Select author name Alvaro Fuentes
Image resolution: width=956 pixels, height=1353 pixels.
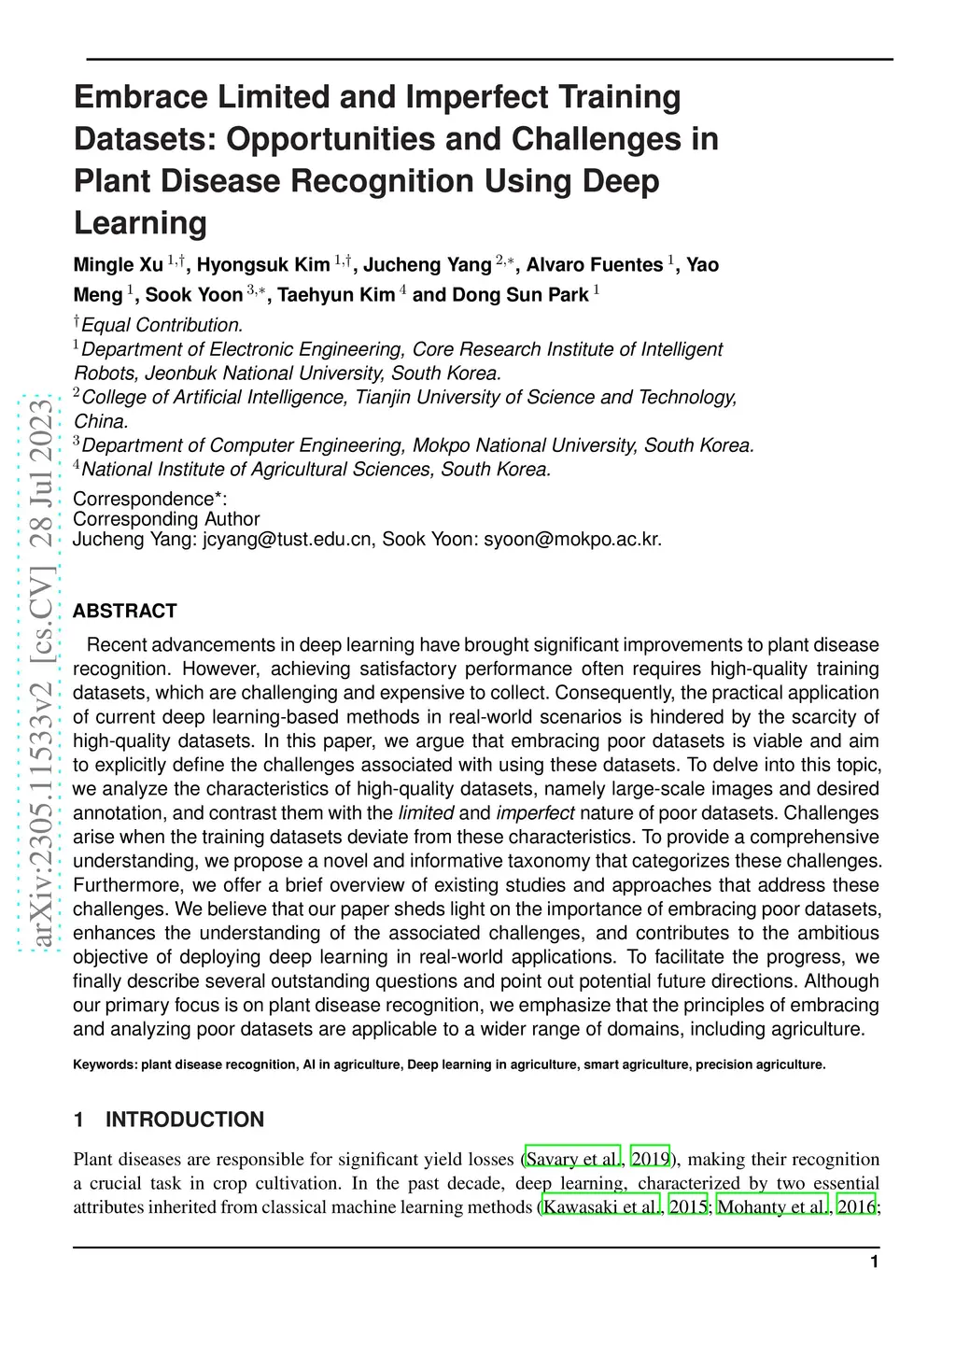coord(595,265)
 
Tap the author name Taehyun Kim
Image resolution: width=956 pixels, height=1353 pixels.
coord(336,295)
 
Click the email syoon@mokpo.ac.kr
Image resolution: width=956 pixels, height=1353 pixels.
coord(572,539)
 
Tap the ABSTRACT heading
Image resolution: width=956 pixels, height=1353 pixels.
coord(125,612)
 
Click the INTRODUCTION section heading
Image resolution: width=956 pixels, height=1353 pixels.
coord(185,1120)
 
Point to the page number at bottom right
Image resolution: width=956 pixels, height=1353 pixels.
coord(874,1262)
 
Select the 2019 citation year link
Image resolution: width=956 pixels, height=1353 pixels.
coord(651,1160)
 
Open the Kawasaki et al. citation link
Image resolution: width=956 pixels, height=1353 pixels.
coord(601,1207)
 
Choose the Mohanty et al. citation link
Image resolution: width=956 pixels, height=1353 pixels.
coord(772,1207)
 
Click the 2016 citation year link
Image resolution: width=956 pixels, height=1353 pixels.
coord(856,1207)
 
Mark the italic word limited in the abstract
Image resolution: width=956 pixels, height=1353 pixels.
coord(426,813)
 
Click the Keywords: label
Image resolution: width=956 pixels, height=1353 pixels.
coord(105,1064)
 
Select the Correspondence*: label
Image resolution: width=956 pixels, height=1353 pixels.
coord(150,499)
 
